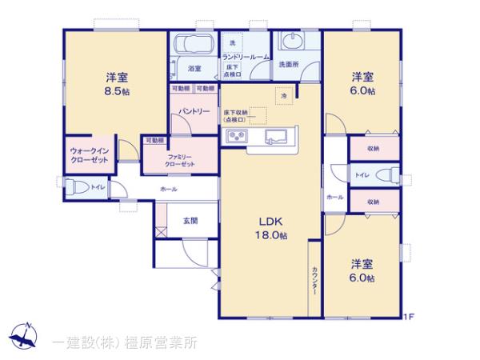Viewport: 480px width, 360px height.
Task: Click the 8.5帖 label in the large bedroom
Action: pyautogui.click(x=117, y=91)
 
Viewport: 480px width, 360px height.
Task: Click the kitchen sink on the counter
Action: pyautogui.click(x=276, y=135)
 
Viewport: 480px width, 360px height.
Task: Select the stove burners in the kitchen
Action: pyautogui.click(x=238, y=137)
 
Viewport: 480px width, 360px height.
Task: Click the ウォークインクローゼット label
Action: pyautogui.click(x=89, y=154)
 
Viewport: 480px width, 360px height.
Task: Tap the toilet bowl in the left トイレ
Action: pyautogui.click(x=77, y=187)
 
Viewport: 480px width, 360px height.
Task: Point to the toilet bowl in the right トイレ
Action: pyautogui.click(x=386, y=174)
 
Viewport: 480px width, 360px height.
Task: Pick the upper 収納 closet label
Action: pyautogui.click(x=373, y=148)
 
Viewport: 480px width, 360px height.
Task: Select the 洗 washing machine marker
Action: pyautogui.click(x=233, y=42)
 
